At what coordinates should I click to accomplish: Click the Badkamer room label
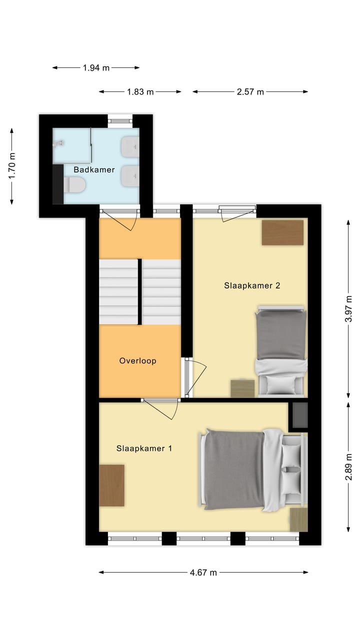[x=94, y=169]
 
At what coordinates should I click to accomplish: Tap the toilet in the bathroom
[x=75, y=186]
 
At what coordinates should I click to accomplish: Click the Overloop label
[x=137, y=360]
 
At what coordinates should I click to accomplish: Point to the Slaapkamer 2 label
[x=252, y=285]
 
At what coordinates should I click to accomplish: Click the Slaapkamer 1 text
[x=144, y=448]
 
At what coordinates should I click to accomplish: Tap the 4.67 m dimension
[x=203, y=573]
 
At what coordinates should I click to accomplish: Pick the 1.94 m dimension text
[x=96, y=67]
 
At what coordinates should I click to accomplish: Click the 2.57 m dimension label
[x=250, y=91]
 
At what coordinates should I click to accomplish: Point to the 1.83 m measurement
[x=140, y=91]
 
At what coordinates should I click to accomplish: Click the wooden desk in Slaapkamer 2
[x=282, y=232]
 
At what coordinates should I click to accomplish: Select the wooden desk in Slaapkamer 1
[x=112, y=485]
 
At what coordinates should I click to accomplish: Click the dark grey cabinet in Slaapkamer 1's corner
[x=299, y=415]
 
